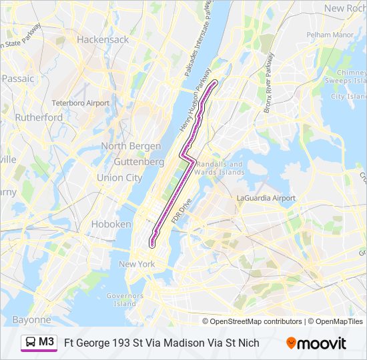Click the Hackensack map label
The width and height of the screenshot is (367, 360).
(x=103, y=39)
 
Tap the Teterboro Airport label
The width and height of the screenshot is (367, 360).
(x=81, y=103)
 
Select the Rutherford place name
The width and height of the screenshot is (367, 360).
(x=40, y=117)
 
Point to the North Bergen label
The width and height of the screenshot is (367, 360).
(x=131, y=146)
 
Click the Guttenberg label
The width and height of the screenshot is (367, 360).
(x=139, y=161)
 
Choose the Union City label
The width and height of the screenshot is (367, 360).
(x=119, y=178)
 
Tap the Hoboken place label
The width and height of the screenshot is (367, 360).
(x=111, y=224)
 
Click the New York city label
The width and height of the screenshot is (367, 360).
(x=137, y=264)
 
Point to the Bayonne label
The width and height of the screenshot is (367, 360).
(x=31, y=319)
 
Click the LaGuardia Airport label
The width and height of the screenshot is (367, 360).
(x=266, y=198)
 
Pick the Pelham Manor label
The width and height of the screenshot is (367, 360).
(x=330, y=34)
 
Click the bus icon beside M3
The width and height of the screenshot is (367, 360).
(x=31, y=342)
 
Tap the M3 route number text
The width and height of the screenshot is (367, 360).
(x=47, y=342)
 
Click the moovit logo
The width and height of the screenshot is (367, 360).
(x=316, y=343)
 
